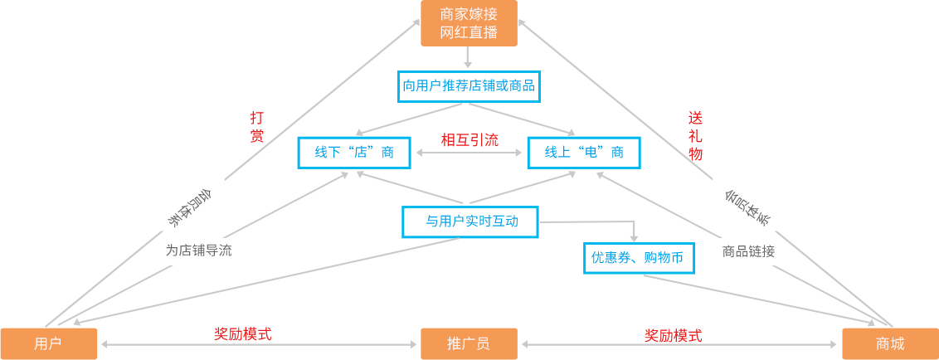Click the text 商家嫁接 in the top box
(469, 14)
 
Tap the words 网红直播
(469, 33)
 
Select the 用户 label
(48, 343)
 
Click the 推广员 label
(469, 343)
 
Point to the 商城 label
(890, 343)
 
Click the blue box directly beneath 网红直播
(469, 85)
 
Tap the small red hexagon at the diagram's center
(469, 134)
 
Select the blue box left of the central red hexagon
(353, 152)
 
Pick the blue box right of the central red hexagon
(584, 152)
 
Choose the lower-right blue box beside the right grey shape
(639, 258)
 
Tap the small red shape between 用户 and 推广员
(243, 323)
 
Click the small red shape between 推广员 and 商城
(673, 323)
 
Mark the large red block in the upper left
(161, 62)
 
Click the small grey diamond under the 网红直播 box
(469, 57)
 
